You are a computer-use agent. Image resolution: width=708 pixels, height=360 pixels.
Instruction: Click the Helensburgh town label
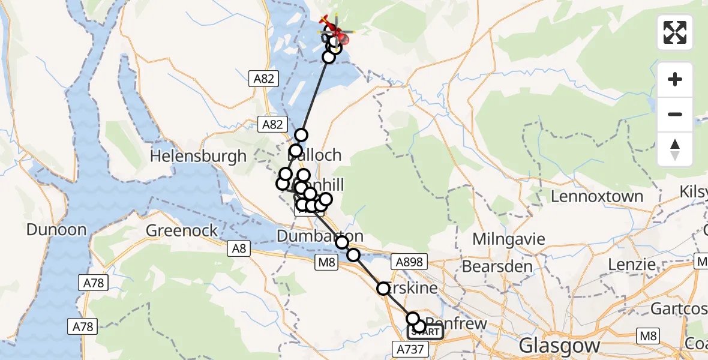coord(198,157)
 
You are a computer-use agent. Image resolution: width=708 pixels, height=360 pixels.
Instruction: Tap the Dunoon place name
coord(56,230)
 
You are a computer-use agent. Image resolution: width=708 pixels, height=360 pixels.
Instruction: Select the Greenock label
coord(182,231)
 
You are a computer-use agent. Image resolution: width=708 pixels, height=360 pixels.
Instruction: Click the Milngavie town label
coord(509,239)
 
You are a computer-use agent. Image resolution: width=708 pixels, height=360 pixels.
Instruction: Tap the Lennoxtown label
coord(596,197)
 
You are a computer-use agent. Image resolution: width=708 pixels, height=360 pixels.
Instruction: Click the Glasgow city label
coord(559,346)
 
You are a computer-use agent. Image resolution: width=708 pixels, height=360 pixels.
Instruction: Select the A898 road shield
coord(409,262)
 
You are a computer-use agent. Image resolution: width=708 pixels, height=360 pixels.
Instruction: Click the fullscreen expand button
coord(675,32)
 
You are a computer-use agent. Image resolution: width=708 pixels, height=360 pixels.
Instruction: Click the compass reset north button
coord(675,149)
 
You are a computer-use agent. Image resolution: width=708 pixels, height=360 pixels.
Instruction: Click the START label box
coord(425,332)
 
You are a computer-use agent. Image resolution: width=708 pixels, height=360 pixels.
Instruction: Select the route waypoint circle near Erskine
coord(383,289)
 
